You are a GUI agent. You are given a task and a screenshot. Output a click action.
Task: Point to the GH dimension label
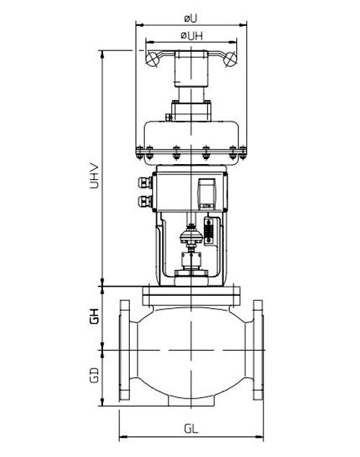point(94,317)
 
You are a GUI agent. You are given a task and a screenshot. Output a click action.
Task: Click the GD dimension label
point(94,376)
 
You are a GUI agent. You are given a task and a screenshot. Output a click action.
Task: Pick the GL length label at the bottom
point(191,427)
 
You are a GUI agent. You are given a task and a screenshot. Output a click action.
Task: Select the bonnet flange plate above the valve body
point(191,293)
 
